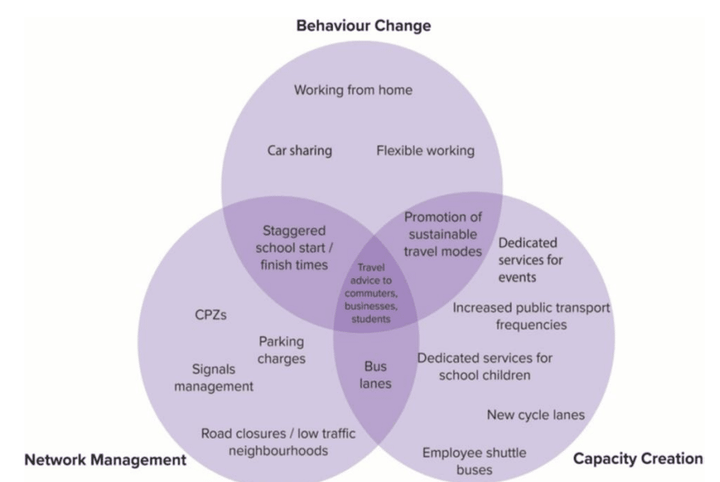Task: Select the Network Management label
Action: pos(105,459)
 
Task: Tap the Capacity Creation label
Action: pos(638,458)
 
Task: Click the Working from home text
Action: pos(353,90)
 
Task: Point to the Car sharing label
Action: pos(299,151)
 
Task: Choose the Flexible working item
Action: pos(425,151)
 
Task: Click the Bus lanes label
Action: pos(376,374)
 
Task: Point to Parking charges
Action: pos(282,350)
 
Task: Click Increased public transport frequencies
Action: pos(531,316)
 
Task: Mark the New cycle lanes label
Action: pos(535,414)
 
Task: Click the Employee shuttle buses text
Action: pos(474,461)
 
